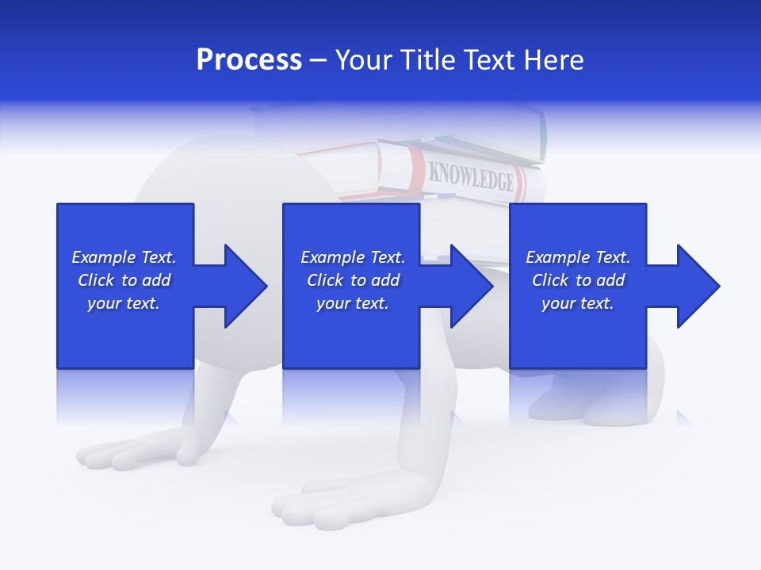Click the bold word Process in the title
tap(249, 59)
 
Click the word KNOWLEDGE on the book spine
tap(471, 177)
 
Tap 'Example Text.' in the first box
tap(124, 257)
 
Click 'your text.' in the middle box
tap(352, 303)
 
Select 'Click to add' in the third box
tap(578, 280)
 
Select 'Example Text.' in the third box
tap(578, 257)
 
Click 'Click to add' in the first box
tap(124, 280)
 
